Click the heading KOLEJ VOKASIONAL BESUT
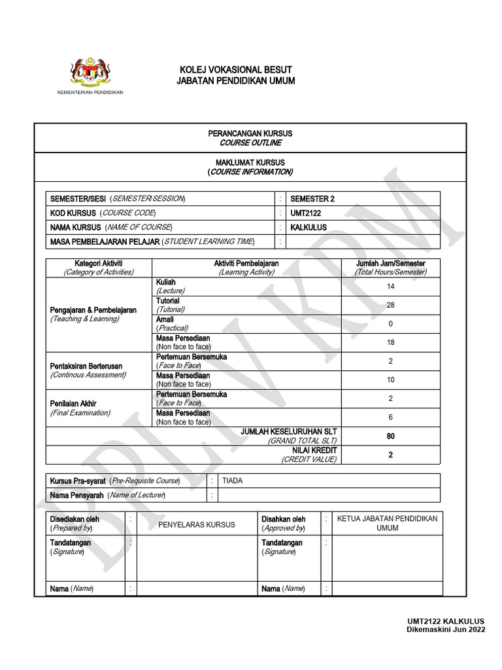(235, 69)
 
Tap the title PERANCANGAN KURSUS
(250, 133)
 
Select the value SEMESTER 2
(312, 199)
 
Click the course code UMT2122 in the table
(306, 213)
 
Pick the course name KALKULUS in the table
(309, 228)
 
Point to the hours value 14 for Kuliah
(391, 287)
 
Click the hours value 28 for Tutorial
(391, 305)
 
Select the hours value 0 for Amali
(391, 324)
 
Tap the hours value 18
(391, 342)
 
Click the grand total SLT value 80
(391, 436)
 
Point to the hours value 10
(391, 379)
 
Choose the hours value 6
(391, 417)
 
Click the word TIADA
(232, 481)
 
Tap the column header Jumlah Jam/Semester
(391, 263)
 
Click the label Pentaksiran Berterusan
(86, 366)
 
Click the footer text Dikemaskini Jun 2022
(446, 629)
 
